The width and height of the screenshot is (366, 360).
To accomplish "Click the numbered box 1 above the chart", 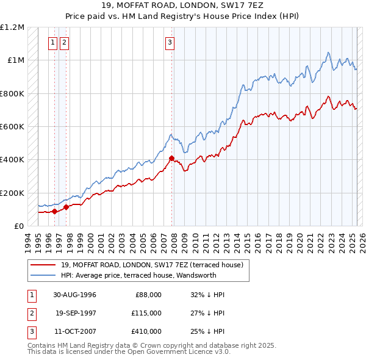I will coord(53,43).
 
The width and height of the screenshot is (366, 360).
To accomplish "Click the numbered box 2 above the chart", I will coord(64,43).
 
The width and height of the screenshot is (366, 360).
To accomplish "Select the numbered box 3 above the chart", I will coord(170,43).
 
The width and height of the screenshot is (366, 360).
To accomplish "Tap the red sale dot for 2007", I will coord(171,159).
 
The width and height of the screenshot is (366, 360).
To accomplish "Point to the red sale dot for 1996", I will coord(54,212).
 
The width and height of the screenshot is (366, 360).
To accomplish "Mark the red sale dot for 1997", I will coord(65,207).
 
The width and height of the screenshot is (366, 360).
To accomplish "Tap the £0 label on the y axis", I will coord(18,226).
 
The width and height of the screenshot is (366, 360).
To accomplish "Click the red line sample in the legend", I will coord(44,265).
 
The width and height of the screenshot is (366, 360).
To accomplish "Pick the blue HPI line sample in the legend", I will coord(44,275).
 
